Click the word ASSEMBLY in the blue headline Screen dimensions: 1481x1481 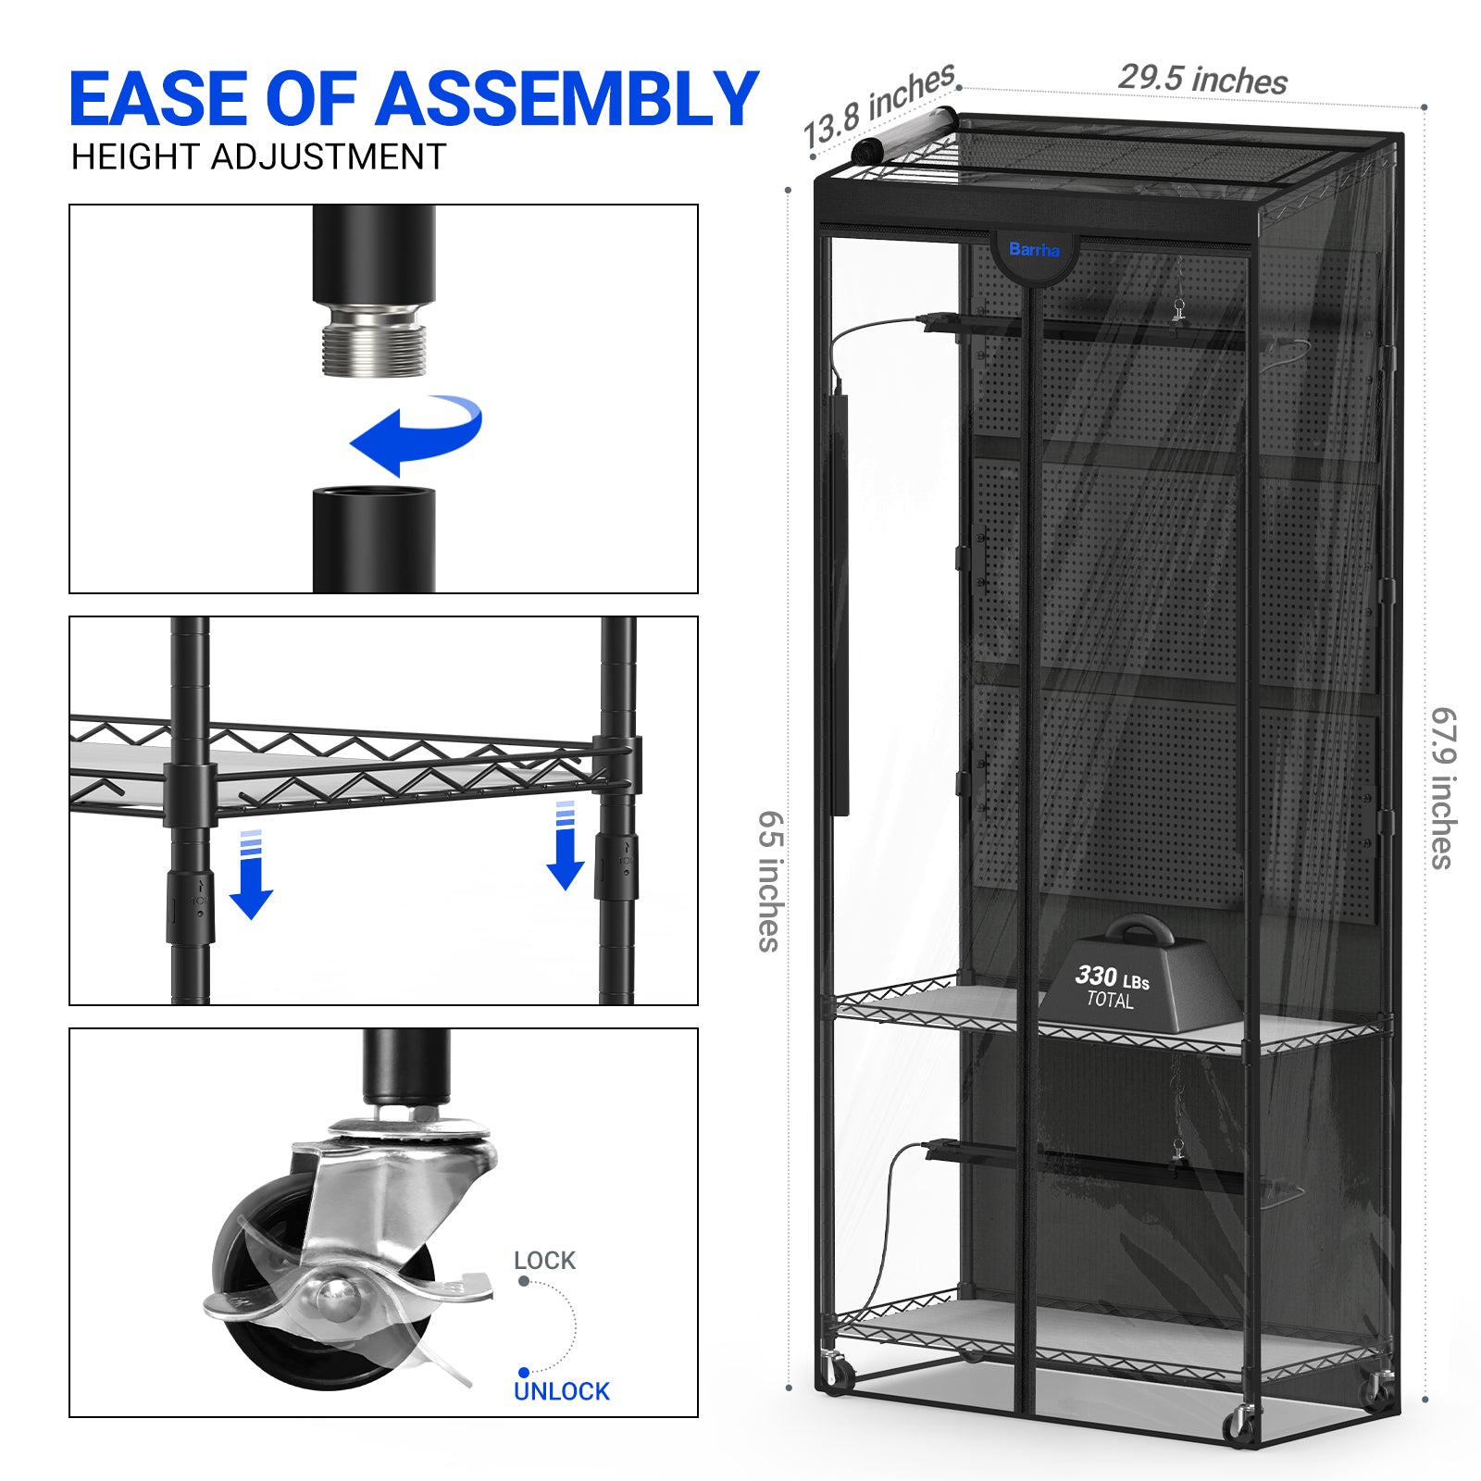[566, 99]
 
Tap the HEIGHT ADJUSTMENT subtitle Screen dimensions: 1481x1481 [259, 157]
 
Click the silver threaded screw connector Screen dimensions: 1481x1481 [374, 339]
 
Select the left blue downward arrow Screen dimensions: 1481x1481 [251, 874]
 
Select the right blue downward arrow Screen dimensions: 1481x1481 [565, 845]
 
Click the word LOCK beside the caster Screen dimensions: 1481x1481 [544, 1261]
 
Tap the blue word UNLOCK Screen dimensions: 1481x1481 [562, 1391]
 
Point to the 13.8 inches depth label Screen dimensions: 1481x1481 [878, 106]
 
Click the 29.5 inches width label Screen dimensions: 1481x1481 [1202, 80]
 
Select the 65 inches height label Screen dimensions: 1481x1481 [770, 881]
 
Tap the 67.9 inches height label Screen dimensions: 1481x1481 [1444, 789]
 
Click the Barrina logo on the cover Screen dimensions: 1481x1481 [1034, 250]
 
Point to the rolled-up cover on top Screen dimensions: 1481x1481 [903, 136]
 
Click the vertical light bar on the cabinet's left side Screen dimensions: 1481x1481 [840, 605]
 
